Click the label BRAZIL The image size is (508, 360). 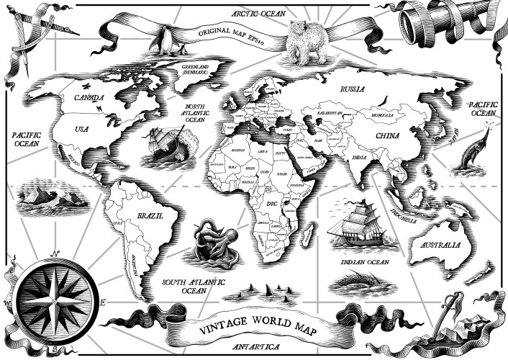tap(151, 216)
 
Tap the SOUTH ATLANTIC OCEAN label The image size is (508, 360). tap(193, 287)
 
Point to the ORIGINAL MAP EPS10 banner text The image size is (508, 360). tap(232, 32)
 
